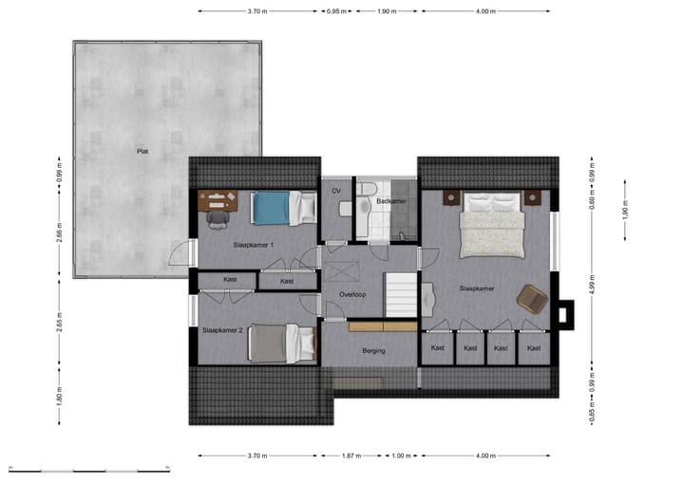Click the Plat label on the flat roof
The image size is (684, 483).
point(142,151)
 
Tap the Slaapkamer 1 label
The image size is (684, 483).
point(254,245)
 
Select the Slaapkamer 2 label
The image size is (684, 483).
point(222,330)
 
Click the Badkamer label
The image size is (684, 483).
point(391,202)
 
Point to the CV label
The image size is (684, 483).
point(335,191)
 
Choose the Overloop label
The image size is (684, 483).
point(352,295)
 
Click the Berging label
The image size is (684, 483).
point(373,350)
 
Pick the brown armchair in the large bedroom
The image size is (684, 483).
point(532,299)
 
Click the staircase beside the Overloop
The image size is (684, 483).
point(400,295)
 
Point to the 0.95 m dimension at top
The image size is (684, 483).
point(334,11)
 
